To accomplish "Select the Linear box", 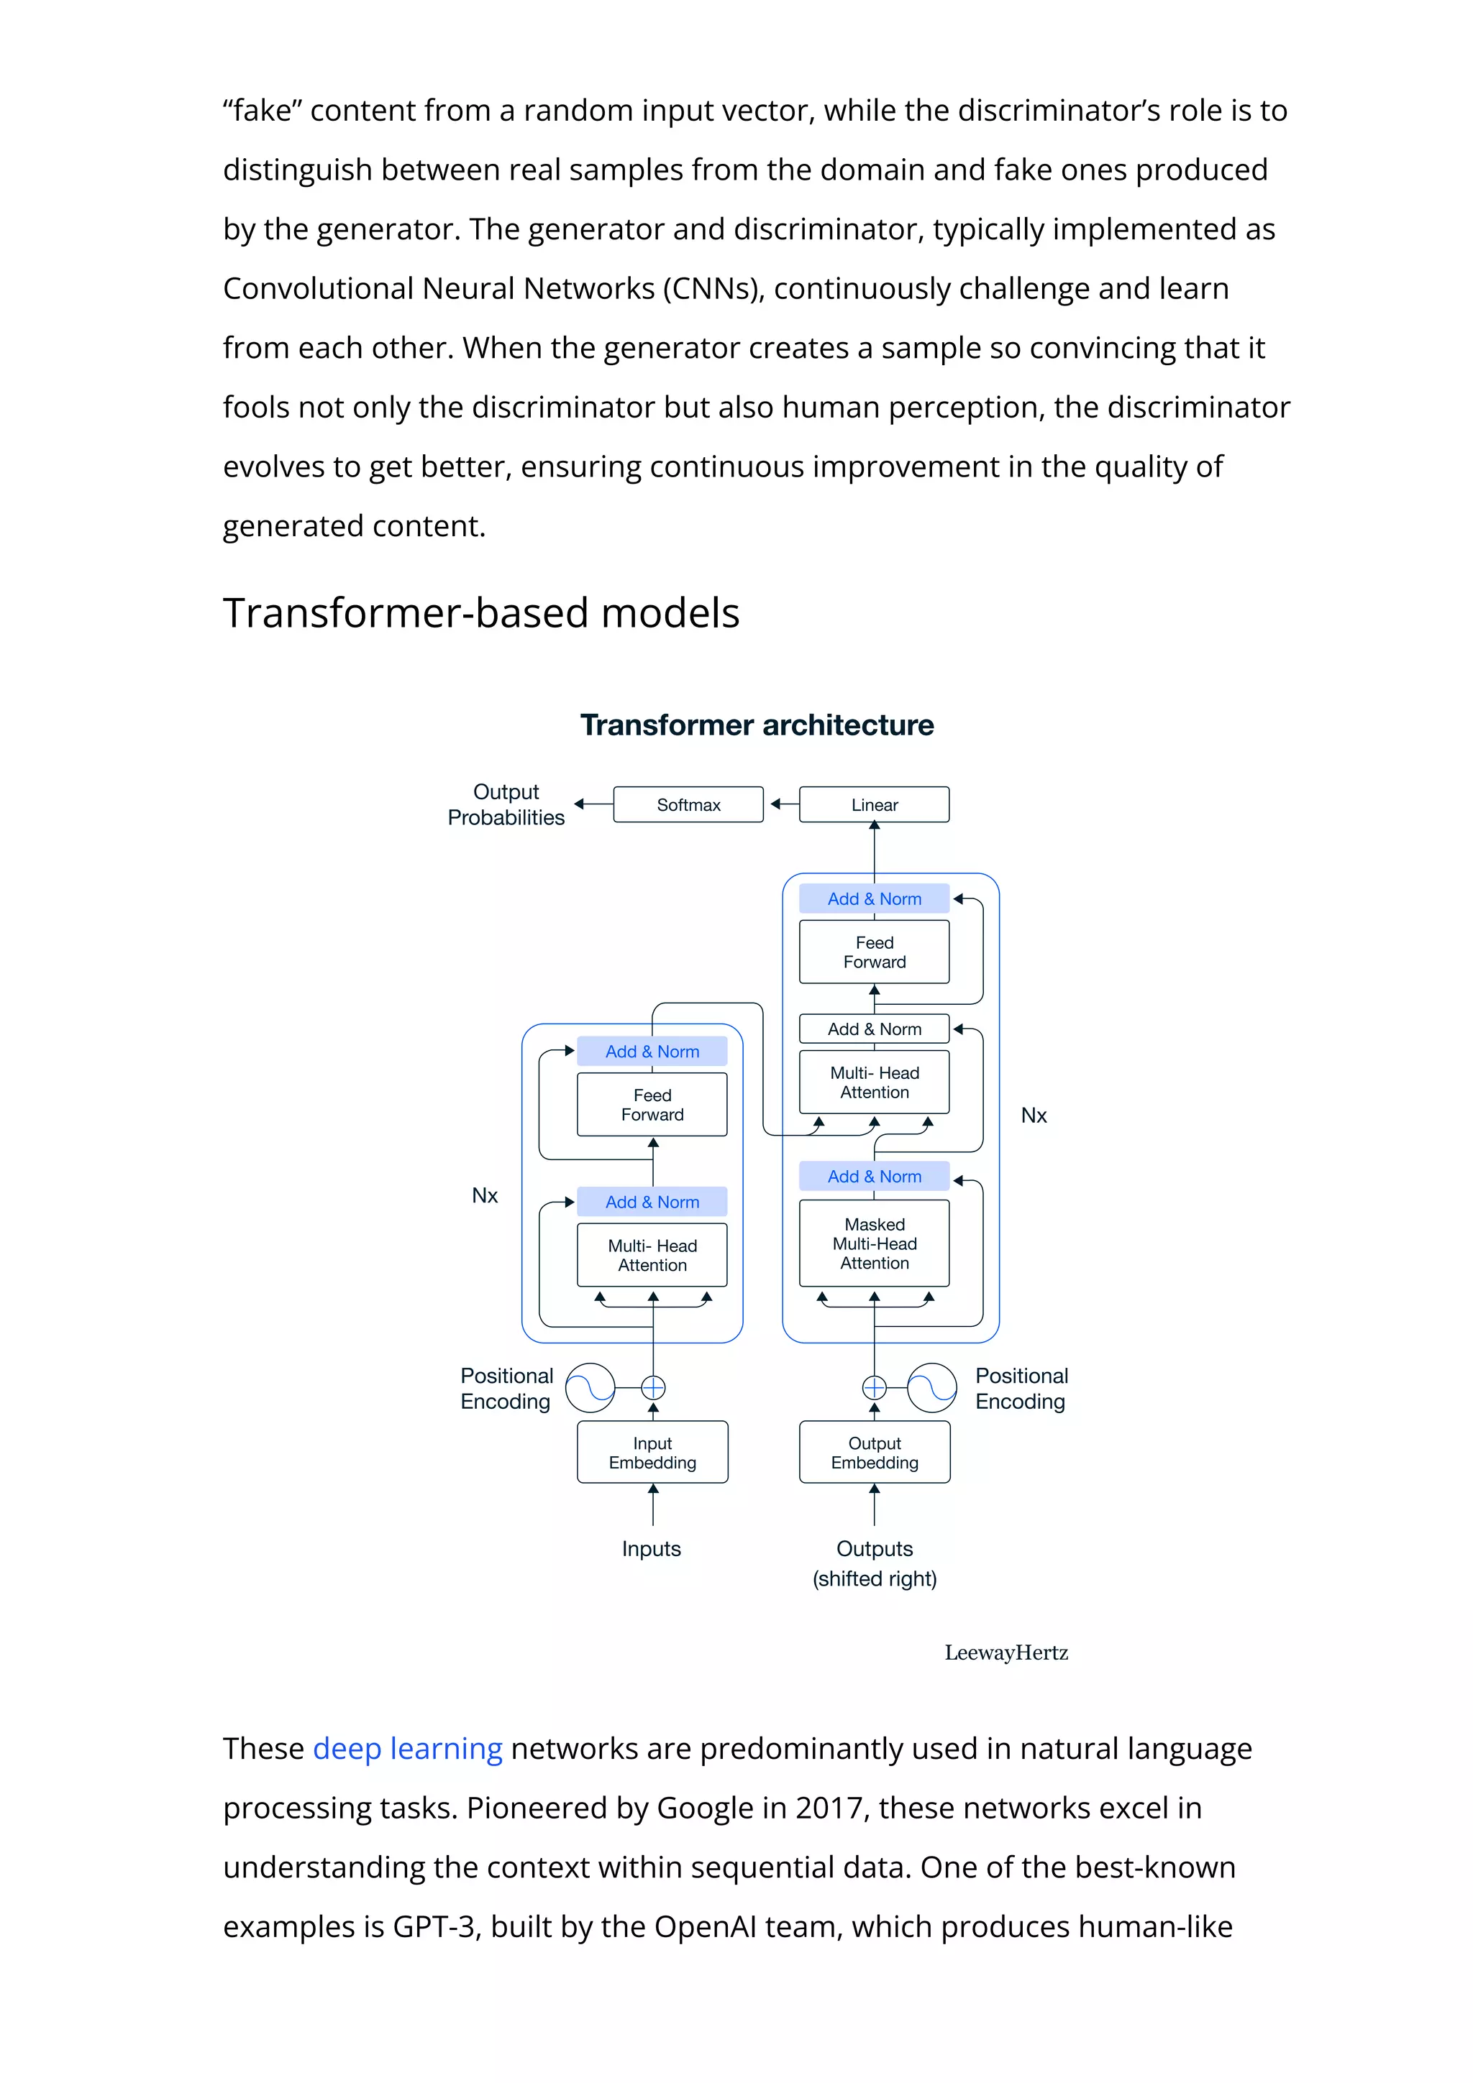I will [x=874, y=805].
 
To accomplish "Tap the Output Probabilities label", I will [x=506, y=805].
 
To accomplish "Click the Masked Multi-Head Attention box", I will [x=874, y=1243].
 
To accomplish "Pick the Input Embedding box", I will [x=652, y=1453].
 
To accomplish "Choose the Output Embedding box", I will [x=874, y=1453].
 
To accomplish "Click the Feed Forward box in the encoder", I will [x=652, y=1105].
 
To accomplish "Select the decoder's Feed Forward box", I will [x=874, y=952].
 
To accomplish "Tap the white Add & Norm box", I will [x=874, y=1029].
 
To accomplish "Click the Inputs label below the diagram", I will [x=651, y=1549].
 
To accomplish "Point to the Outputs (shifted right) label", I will [x=874, y=1563].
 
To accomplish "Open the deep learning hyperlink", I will [x=408, y=1748].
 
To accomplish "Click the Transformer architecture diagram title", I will [x=757, y=725].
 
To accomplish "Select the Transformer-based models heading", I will [x=481, y=613].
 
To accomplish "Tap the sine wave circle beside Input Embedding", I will [x=590, y=1388].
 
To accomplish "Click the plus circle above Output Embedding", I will [x=874, y=1388].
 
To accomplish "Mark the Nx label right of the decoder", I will [x=1034, y=1116].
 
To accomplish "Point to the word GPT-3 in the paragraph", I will [x=434, y=1927].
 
